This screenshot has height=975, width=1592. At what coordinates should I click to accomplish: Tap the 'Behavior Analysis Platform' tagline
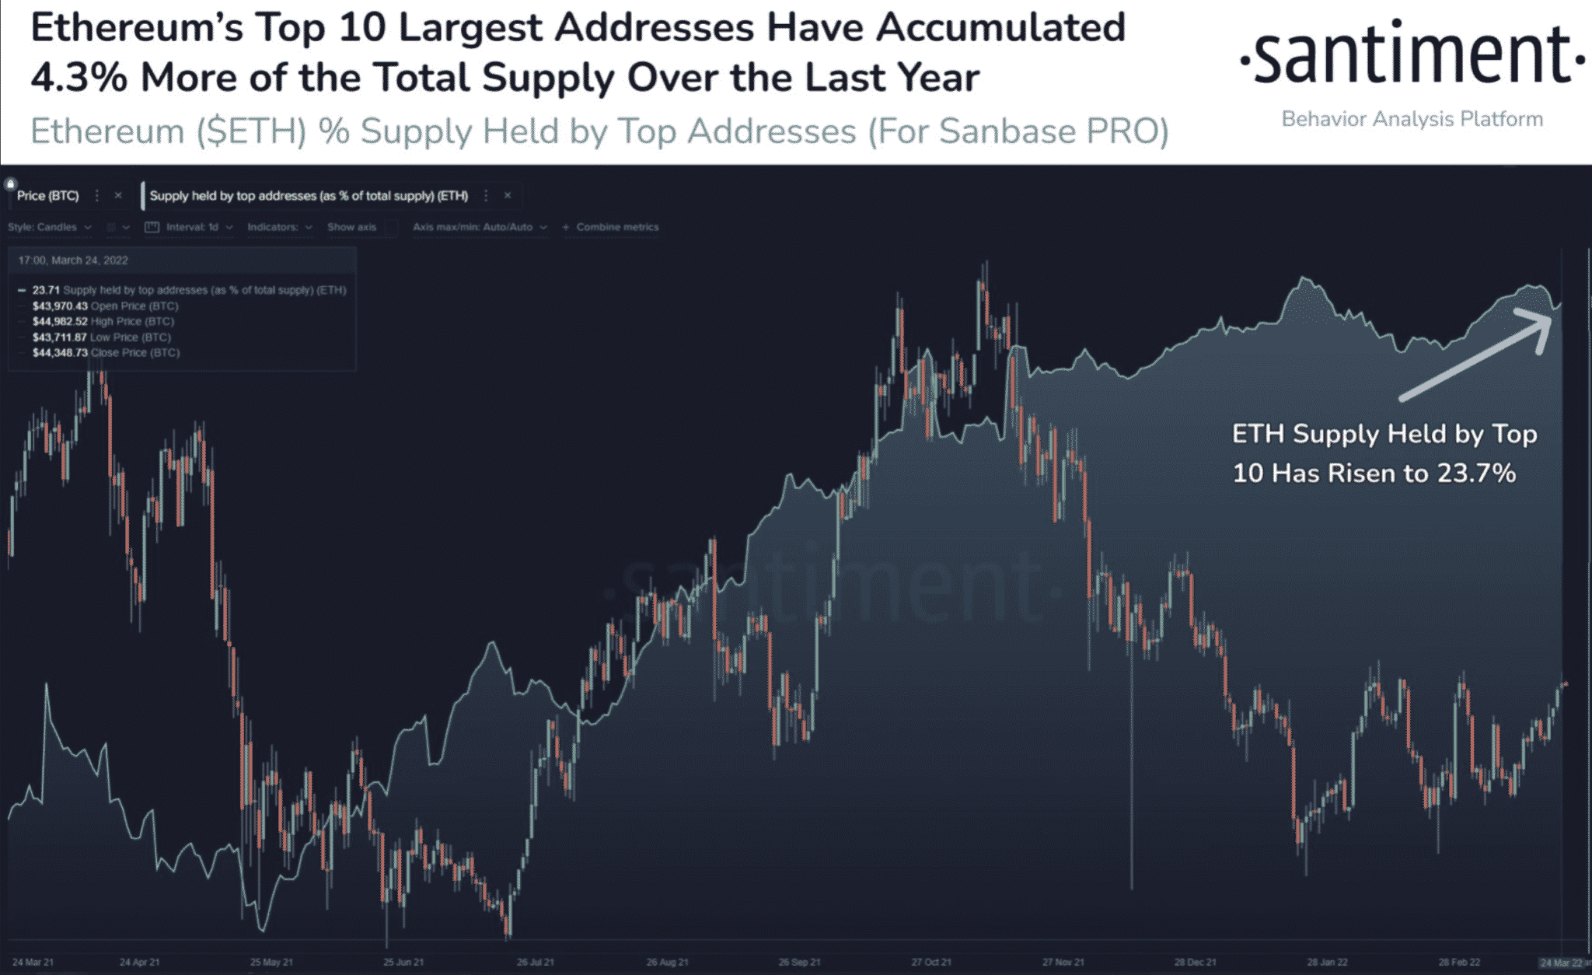click(x=1412, y=119)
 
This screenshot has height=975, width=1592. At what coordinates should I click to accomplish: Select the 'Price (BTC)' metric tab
click(x=48, y=196)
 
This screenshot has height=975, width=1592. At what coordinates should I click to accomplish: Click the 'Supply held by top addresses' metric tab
click(x=309, y=196)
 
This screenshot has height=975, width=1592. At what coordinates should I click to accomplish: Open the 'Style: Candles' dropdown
click(x=49, y=227)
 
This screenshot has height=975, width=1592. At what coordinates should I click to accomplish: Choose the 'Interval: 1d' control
click(x=191, y=227)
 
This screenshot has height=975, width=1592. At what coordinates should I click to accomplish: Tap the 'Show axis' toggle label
click(x=351, y=227)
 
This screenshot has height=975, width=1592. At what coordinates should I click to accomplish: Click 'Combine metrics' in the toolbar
click(x=616, y=227)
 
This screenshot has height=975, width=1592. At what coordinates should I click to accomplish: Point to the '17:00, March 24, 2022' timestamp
click(x=73, y=260)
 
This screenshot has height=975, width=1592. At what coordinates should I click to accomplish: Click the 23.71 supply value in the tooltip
click(x=46, y=290)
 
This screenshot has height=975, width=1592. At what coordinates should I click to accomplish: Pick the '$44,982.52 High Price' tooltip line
click(x=103, y=321)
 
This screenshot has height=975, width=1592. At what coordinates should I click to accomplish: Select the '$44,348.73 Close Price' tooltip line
click(x=106, y=353)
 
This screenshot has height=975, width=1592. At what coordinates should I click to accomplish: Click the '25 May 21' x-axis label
click(x=271, y=963)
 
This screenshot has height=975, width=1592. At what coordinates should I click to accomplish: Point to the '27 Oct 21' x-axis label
click(x=930, y=963)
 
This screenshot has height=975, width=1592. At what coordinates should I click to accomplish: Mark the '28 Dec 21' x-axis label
click(x=1195, y=963)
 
